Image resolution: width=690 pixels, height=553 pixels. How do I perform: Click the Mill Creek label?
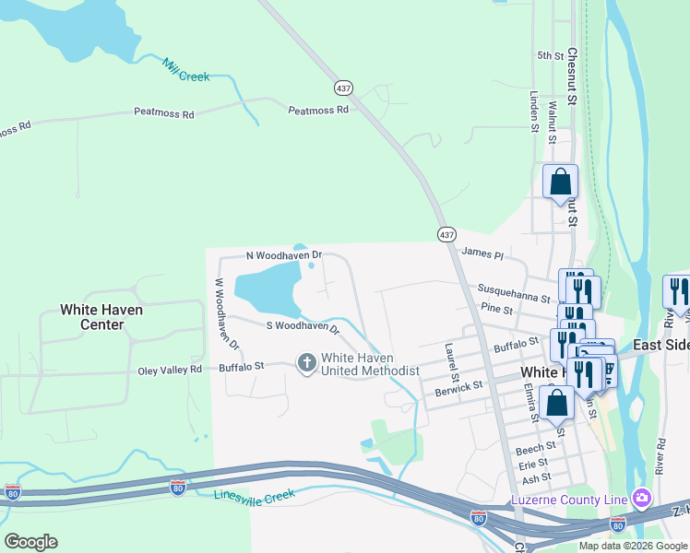tap(186, 70)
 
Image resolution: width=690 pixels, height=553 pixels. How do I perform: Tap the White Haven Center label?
tap(101, 317)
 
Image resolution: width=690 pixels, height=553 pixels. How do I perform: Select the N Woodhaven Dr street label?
tap(283, 254)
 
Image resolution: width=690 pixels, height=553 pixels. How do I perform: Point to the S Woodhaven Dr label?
tap(303, 325)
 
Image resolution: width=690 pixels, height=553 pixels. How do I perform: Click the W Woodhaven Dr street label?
tap(227, 313)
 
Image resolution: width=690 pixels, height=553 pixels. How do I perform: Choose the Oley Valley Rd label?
tap(170, 369)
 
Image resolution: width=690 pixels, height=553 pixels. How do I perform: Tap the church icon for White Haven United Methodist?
tap(307, 364)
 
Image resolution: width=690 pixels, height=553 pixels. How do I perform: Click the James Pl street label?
tap(482, 252)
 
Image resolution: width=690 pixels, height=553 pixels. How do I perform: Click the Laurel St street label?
tap(452, 363)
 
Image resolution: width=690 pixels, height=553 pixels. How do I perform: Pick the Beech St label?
tap(535, 449)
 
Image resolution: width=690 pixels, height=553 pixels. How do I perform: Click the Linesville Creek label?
tap(255, 497)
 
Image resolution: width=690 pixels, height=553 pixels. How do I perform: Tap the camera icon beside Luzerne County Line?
tap(641, 500)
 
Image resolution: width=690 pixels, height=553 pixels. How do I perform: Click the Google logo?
tap(30, 542)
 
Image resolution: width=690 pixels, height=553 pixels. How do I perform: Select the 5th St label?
tap(551, 56)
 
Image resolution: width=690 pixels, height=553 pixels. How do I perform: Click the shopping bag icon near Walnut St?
tap(560, 182)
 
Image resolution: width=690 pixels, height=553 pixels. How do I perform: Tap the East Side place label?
tap(662, 345)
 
